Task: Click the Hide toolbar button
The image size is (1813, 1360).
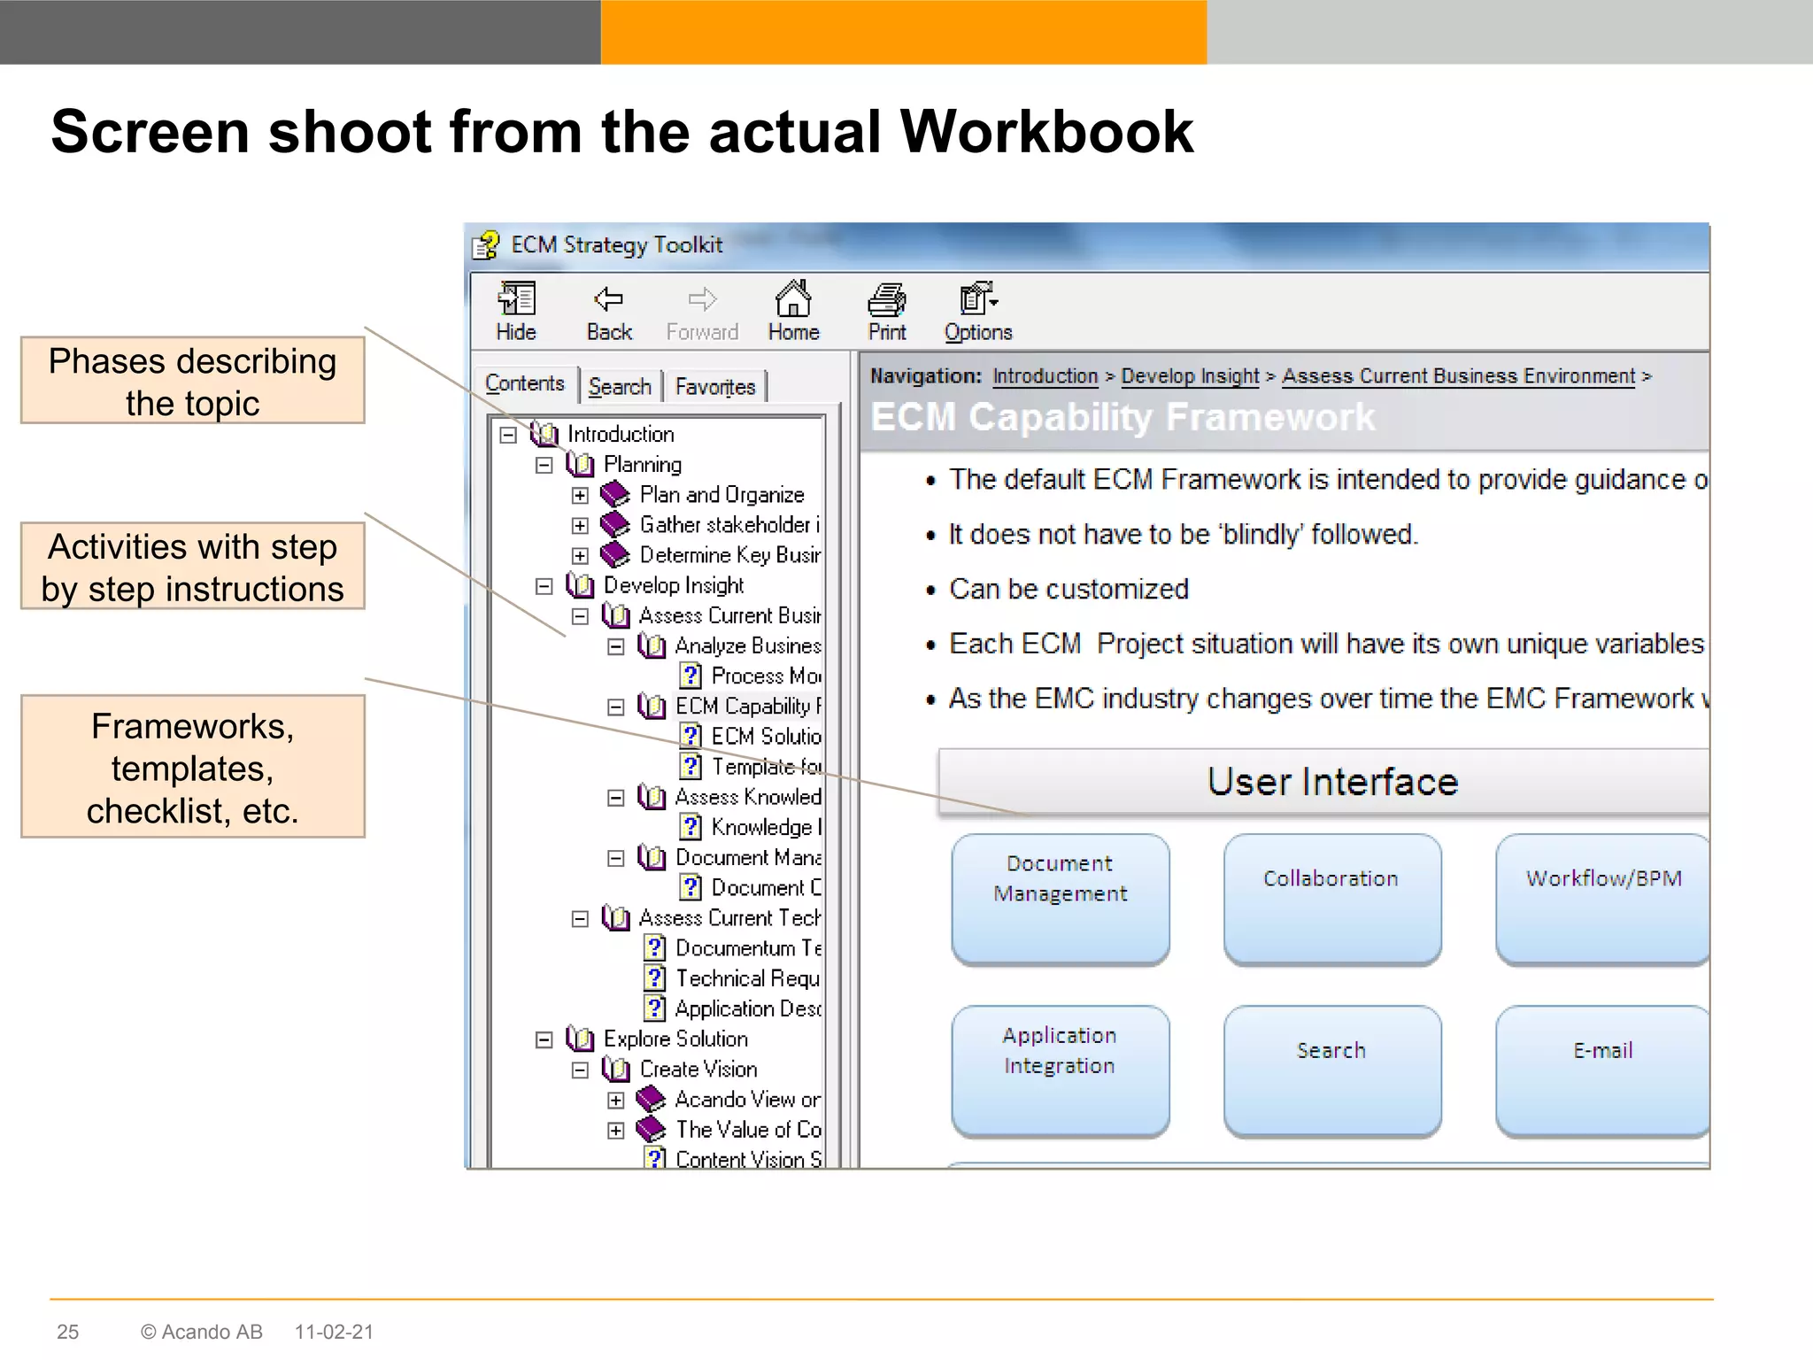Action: pos(516,312)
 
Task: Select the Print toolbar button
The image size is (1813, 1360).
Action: pos(886,312)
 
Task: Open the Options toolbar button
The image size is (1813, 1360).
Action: pos(977,312)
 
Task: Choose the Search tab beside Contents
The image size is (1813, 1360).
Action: pos(620,387)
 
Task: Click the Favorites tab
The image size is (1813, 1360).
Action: pos(714,387)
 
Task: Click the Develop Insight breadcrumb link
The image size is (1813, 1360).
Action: pos(1190,376)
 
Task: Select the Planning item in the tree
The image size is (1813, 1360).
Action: pos(642,465)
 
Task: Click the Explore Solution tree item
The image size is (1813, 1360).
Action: pos(675,1039)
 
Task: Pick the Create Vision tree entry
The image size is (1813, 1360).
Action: pos(698,1069)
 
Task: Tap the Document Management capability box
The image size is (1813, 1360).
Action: pos(1060,898)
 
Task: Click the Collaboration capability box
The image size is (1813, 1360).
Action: pos(1331,898)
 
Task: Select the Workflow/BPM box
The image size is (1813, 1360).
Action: pos(1602,898)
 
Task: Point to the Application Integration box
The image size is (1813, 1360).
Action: pos(1060,1070)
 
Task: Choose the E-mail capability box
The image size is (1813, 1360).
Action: pos(1602,1070)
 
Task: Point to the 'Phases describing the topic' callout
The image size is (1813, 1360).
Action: pos(192,381)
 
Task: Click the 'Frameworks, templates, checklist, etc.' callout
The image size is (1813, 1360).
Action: pos(192,767)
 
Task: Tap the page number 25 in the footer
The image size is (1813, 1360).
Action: pos(67,1332)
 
